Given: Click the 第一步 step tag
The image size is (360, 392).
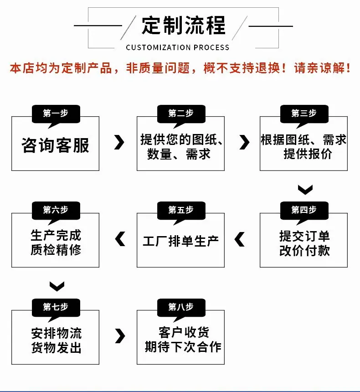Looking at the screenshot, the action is pos(56,114).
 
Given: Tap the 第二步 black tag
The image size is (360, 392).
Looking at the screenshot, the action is pos(181,114).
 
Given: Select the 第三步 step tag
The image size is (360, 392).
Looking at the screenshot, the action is pos(304,114).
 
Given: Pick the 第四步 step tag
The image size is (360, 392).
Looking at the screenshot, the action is pos(304,211).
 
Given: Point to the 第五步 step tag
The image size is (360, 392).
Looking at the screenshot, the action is pos(181,211).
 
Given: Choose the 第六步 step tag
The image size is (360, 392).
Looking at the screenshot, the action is pos(56,211).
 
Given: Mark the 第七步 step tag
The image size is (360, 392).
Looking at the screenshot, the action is pos(56,308).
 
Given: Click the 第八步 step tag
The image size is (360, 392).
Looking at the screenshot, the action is pos(181,308).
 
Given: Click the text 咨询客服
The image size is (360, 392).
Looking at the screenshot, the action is pos(55,145).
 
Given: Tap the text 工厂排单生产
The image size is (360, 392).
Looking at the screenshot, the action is pos(181,241).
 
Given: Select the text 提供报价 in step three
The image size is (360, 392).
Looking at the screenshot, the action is pos(308,154).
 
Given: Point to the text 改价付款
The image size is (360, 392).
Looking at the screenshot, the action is pos(304,251).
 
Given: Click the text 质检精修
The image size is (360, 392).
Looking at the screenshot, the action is pos(56,250).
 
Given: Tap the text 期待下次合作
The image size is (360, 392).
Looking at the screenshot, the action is pos(183,347).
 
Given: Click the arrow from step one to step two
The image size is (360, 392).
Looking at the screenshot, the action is pos(119,143).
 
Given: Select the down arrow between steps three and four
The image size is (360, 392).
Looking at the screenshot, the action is pos(305,190).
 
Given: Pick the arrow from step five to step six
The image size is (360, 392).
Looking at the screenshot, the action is pos(120,239).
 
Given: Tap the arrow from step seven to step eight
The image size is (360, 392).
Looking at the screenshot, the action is pos(120,336).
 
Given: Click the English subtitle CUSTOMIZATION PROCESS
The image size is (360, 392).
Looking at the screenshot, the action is pos(178,47).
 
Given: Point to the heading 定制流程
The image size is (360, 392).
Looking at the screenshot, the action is pos(184,25).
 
